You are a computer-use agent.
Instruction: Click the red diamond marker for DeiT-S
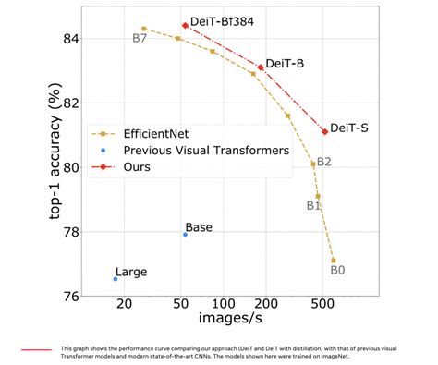point(324,131)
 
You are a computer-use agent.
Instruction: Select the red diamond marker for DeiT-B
point(261,67)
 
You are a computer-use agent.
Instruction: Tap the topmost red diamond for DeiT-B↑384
point(185,25)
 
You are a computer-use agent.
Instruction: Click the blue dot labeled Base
point(185,235)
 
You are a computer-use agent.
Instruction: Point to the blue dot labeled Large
point(116,278)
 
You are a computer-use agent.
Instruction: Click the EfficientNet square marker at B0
point(333,261)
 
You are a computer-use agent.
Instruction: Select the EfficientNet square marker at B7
point(144,29)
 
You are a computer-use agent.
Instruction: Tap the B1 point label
point(313,205)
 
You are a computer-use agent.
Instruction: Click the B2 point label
point(324,162)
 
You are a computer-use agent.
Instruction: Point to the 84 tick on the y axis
point(71,39)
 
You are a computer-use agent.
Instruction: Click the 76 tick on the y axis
point(71,297)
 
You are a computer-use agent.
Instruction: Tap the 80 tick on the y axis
point(71,167)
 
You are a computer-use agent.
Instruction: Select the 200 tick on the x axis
point(265,305)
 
